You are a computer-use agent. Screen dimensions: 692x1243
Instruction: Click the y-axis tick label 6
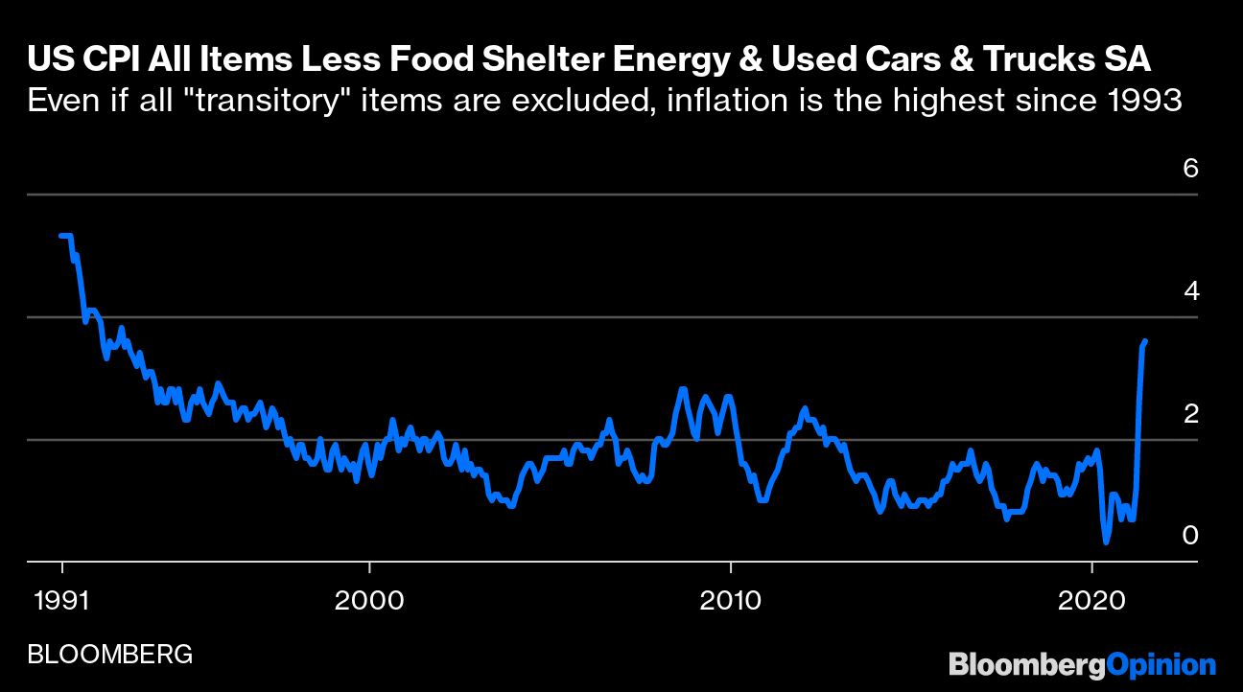tap(1190, 169)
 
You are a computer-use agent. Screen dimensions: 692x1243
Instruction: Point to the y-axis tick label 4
tap(1190, 290)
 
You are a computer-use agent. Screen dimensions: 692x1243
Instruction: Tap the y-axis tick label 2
tap(1190, 413)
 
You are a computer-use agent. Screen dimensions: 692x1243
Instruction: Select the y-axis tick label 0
tap(1190, 535)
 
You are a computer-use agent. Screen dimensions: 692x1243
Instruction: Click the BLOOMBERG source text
tap(110, 655)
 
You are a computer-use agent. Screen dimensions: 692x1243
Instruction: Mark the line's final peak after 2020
tap(1145, 341)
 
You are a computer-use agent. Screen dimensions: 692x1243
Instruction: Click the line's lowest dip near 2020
tap(1106, 542)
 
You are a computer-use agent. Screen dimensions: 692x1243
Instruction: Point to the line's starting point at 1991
tap(60, 235)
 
